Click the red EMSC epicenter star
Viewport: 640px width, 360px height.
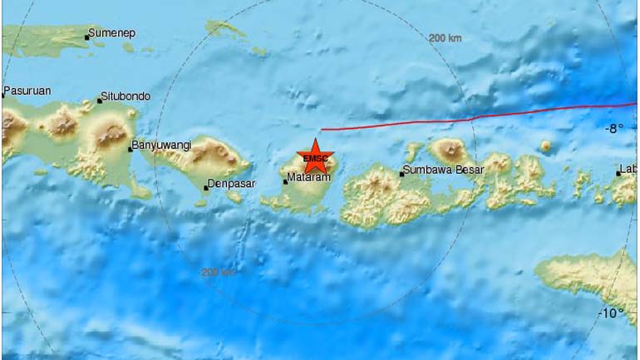316,156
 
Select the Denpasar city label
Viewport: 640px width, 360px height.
231,184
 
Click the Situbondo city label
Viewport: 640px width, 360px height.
126,96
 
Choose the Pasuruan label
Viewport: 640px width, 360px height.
27,91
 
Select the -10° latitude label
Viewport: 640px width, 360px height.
611,313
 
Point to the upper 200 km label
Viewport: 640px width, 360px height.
445,38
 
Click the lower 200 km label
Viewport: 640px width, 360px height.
218,272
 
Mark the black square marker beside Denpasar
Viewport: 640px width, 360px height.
206,188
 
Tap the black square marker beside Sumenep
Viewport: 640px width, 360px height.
87,37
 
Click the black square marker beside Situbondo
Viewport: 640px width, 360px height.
100,101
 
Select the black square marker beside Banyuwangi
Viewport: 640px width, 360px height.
130,149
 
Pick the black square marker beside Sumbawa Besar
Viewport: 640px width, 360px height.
402,174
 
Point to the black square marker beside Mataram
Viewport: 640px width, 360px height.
285,181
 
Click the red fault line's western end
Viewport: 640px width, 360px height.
322,130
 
